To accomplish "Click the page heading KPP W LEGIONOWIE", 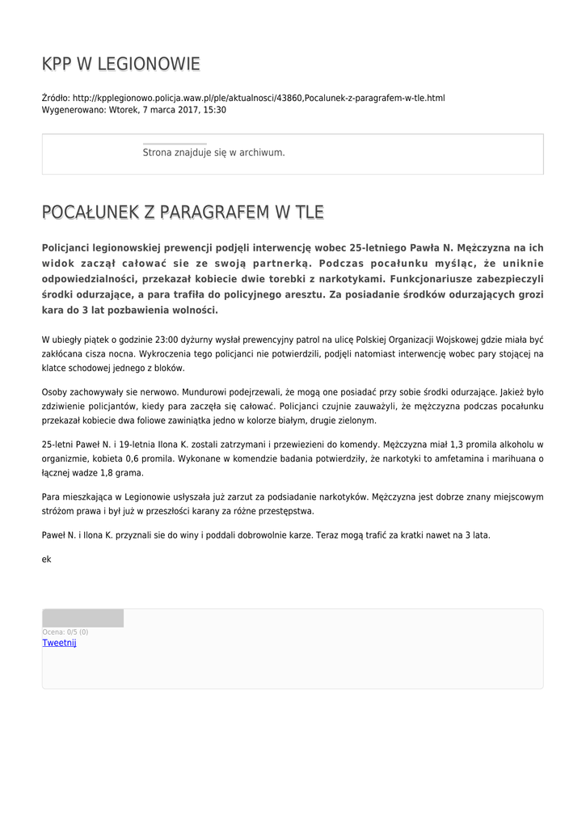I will coord(120,64).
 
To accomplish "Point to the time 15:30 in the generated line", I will coord(215,110).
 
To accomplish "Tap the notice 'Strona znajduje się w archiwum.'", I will coord(213,152).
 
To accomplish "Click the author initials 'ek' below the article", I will coord(46,559).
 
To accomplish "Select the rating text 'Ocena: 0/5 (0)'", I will coord(65,632).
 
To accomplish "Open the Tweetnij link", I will coord(59,643).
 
